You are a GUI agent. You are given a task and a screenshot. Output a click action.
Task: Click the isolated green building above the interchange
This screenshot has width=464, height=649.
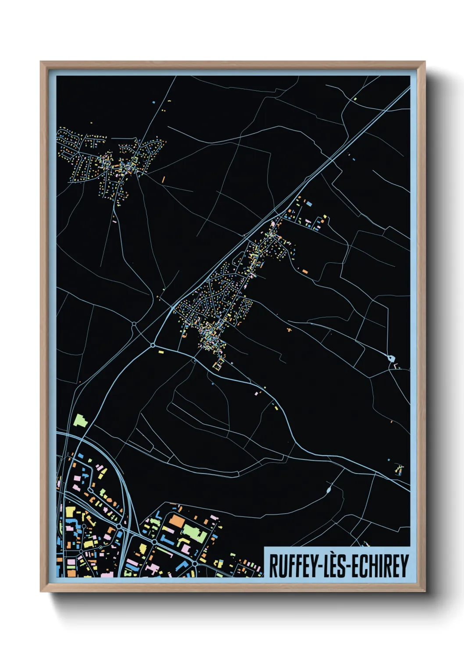80,420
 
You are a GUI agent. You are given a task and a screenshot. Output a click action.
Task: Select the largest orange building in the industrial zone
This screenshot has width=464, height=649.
176,521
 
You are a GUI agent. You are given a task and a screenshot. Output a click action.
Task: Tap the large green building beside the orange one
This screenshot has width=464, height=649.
194,532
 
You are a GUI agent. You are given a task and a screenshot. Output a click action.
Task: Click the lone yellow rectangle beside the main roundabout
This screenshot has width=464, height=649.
161,352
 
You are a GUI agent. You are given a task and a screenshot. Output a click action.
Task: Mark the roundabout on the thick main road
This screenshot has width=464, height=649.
153,346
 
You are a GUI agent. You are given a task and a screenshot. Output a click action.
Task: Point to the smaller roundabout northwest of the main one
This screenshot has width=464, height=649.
134,325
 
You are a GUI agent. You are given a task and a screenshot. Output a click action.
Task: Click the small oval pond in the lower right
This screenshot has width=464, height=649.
329,489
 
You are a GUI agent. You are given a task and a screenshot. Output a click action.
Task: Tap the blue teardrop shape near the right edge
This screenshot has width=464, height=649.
390,358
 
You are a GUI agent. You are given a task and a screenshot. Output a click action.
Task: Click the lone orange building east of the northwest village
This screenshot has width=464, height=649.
164,179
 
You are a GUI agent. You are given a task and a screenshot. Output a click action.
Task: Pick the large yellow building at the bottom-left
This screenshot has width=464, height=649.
70,512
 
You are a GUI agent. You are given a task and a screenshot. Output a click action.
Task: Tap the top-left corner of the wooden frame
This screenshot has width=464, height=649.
41,62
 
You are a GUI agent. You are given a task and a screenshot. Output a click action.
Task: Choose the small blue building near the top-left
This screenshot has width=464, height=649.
153,102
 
